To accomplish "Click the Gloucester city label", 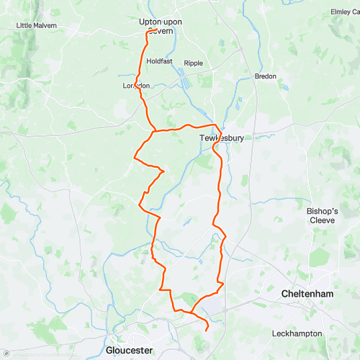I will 130,350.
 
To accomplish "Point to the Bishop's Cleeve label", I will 318,215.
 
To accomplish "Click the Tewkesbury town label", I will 222,138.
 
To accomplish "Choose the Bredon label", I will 265,76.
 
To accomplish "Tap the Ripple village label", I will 193,63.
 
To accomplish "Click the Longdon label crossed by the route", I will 137,86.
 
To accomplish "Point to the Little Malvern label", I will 36,26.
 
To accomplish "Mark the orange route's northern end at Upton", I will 148,32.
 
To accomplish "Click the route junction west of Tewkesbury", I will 154,131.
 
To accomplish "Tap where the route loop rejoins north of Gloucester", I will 192,312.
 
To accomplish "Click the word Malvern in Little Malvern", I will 43,26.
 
